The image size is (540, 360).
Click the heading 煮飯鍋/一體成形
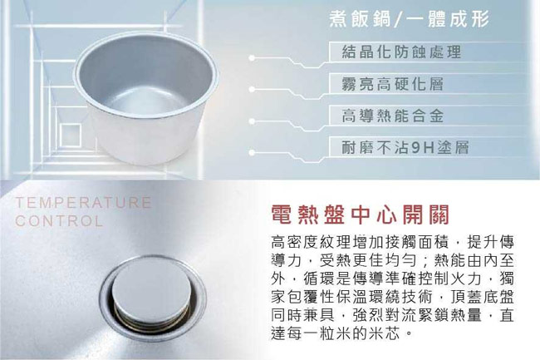409,18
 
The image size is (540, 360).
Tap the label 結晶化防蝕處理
401,52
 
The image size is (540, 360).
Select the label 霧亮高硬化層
392,84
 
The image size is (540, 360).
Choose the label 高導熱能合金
392,116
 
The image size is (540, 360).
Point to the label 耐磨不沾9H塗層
405,147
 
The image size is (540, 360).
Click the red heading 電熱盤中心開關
360,215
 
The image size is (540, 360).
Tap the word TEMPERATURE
83,202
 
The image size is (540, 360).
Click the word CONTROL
59,221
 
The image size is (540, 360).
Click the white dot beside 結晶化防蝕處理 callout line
252,58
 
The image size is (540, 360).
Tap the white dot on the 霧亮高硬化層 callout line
252,90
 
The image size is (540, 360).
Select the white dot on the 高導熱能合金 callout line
252,121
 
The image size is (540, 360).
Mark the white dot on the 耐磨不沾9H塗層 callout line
252,152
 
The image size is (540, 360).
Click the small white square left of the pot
71,136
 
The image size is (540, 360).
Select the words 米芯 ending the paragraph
385,333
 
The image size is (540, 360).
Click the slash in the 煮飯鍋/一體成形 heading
398,19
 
